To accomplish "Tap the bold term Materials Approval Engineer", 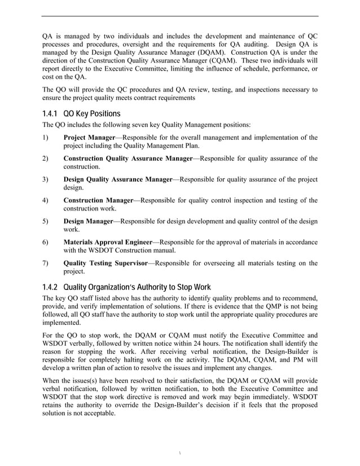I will (x=108, y=242).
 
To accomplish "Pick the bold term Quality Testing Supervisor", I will (x=105, y=263).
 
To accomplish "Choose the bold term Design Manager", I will (x=88, y=221).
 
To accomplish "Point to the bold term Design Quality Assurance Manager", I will (x=117, y=179).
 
